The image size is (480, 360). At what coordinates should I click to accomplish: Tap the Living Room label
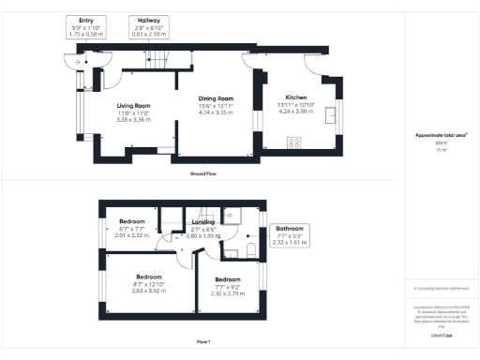(134, 106)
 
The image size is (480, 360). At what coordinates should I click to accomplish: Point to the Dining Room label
(215, 98)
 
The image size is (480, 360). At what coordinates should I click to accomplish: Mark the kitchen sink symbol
(333, 114)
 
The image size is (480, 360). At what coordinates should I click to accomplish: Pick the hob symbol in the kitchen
(293, 143)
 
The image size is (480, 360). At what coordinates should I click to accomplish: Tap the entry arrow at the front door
(69, 63)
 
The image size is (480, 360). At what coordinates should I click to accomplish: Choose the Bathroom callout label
(288, 229)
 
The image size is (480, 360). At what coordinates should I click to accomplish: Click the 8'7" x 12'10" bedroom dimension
(150, 284)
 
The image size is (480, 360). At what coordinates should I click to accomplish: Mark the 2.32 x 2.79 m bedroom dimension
(229, 293)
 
